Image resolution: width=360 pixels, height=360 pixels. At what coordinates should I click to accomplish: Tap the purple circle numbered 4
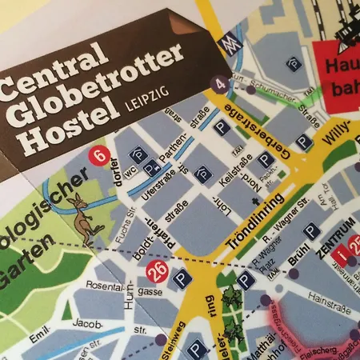[221, 82]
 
